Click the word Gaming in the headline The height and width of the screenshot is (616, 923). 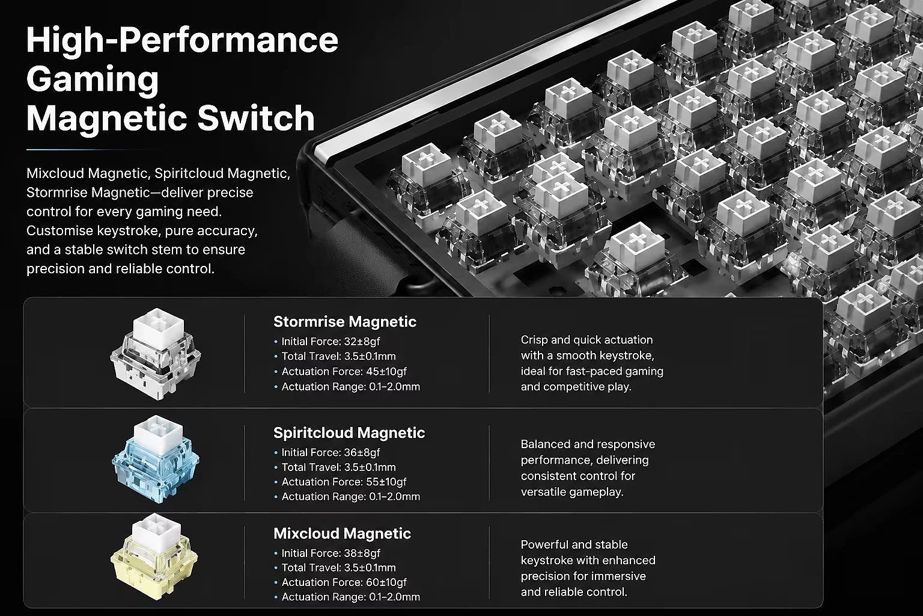93,79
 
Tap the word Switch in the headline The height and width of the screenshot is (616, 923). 256,119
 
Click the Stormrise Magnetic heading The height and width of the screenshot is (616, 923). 345,322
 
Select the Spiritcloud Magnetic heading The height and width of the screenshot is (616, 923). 349,433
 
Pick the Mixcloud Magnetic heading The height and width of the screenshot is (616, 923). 342,534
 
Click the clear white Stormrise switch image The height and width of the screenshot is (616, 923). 156,354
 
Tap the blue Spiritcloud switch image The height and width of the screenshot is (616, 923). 156,459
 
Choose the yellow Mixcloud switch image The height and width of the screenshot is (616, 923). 154,556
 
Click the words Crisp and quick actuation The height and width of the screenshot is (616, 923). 586,340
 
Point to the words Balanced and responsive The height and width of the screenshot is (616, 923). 588,445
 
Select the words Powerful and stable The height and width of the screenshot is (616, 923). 574,544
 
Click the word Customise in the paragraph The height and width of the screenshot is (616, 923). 59,230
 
